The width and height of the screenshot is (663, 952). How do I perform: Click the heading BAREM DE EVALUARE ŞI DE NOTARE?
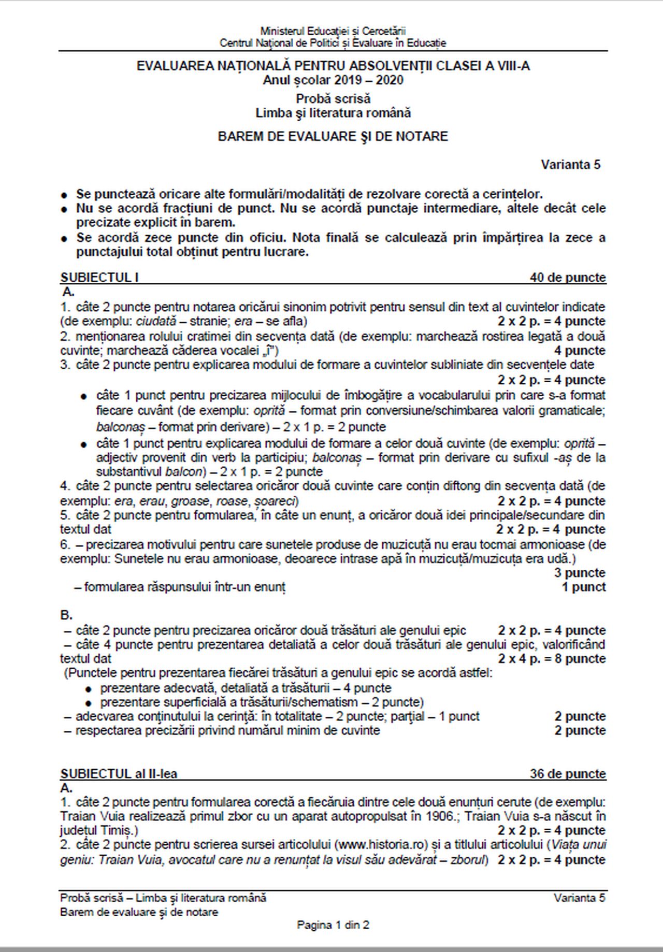(333, 137)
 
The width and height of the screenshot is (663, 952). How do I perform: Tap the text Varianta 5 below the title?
(570, 165)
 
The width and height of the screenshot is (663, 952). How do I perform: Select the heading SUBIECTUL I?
(99, 278)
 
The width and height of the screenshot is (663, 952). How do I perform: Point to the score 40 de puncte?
(567, 278)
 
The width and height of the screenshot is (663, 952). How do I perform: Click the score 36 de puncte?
(567, 774)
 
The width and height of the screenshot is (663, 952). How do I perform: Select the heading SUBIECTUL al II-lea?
(119, 774)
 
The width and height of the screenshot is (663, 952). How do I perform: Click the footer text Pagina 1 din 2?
(333, 925)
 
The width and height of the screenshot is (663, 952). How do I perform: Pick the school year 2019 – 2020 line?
(333, 80)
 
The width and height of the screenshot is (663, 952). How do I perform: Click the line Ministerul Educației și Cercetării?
(333, 31)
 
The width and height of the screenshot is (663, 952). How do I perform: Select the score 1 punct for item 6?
(584, 587)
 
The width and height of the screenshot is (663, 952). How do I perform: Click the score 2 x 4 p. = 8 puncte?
(552, 659)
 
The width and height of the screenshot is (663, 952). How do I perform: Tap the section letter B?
(66, 615)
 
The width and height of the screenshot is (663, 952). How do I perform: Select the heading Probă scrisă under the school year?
(333, 98)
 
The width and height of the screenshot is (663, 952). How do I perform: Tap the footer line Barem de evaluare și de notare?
(139, 912)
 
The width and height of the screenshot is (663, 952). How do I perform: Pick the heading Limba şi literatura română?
(333, 113)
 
